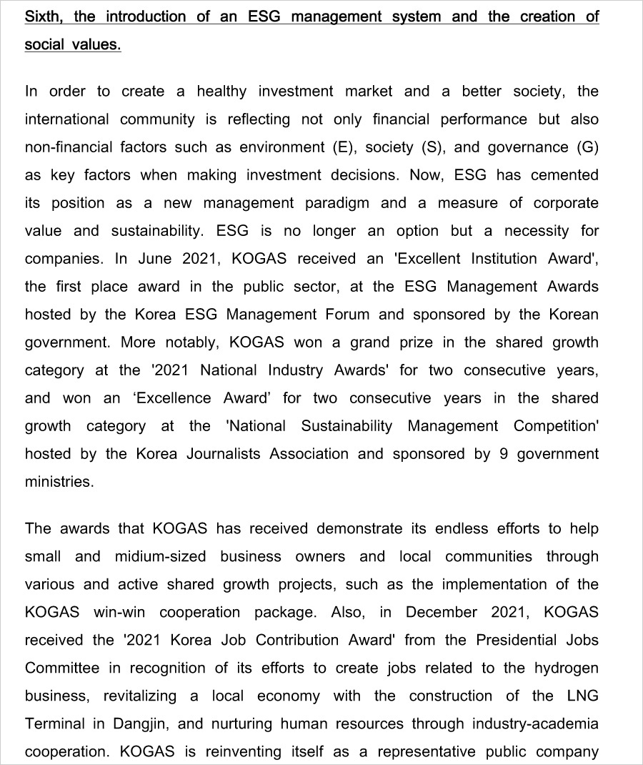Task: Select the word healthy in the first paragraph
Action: [x=221, y=92]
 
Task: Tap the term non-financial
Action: [x=65, y=147]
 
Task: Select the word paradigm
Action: [x=337, y=203]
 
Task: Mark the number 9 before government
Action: [x=503, y=454]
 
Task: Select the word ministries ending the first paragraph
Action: [x=59, y=482]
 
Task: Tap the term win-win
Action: [x=118, y=613]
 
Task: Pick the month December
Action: [x=442, y=613]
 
